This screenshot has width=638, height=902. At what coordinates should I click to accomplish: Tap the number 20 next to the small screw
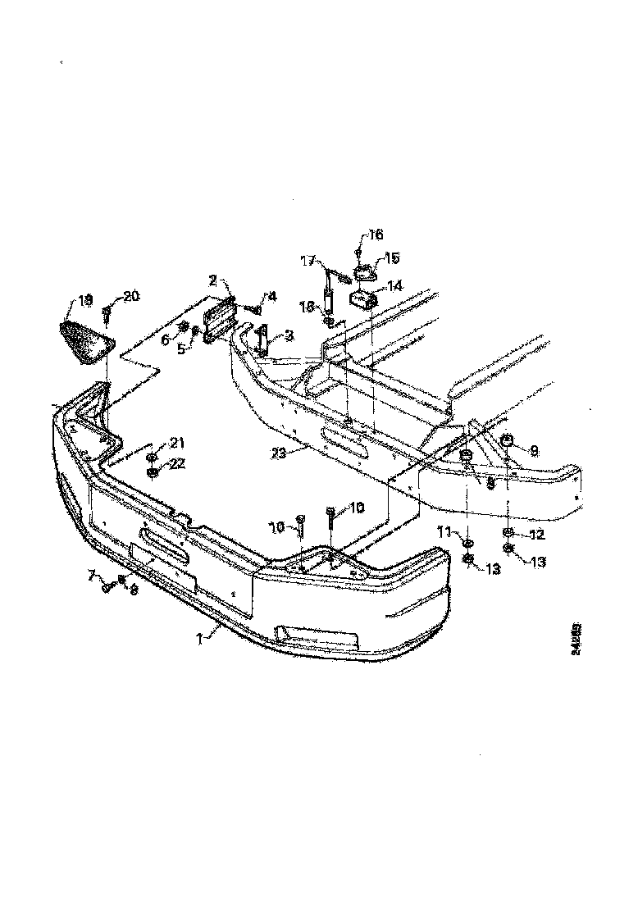click(x=131, y=296)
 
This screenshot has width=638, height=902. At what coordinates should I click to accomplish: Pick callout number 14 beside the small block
click(x=395, y=286)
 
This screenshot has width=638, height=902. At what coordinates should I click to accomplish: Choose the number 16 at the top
click(x=375, y=235)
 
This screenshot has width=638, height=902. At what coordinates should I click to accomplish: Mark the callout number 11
click(x=444, y=533)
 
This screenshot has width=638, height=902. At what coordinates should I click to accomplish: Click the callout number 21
click(x=178, y=444)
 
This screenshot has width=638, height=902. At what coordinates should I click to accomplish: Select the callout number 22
click(x=178, y=463)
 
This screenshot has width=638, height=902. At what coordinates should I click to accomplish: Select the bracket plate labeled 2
click(x=221, y=320)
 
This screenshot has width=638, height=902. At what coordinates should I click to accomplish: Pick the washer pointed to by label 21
click(x=153, y=457)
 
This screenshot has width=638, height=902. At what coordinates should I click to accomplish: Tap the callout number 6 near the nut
click(x=165, y=340)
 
